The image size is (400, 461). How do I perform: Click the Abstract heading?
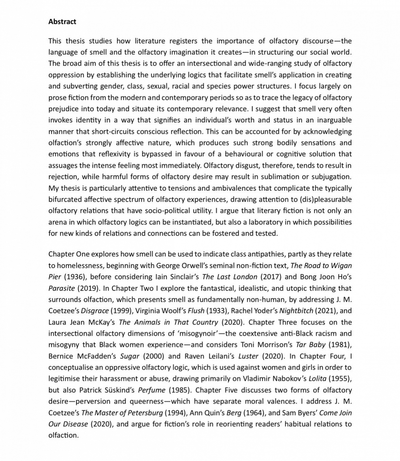tap(62, 22)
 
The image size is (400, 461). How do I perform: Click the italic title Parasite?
tap(62, 288)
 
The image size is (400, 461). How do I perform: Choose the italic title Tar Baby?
tap(311, 345)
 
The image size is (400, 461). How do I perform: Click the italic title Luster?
tap(248, 356)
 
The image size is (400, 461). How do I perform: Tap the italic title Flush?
tap(196, 311)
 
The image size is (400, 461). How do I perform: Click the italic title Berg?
tap(234, 413)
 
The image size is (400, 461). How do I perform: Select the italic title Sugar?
tap(130, 356)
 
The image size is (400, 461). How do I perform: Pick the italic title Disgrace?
tap(95, 311)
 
